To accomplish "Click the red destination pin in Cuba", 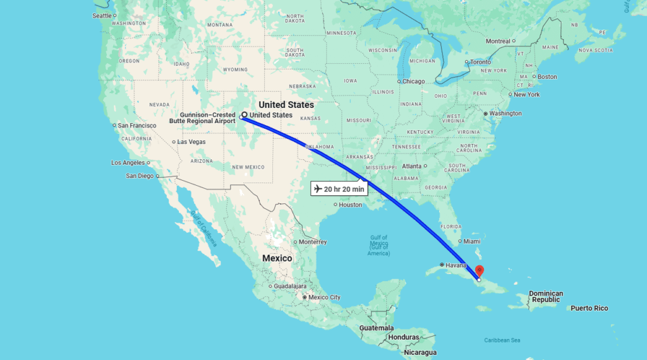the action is pos(479,270).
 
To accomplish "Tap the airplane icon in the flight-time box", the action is pos(317,189).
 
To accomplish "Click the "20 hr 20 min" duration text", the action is pos(344,189).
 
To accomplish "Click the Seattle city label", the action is pos(102,15).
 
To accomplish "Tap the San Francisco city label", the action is pos(136,126).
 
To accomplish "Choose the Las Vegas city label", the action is pos(191,141).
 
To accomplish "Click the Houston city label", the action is pos(350,205).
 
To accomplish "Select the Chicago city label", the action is pos(414,81).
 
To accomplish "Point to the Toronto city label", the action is pos(480,62).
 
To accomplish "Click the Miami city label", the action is pos(471,241).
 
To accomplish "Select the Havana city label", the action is pos(455,265).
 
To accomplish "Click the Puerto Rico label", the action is pos(589,308).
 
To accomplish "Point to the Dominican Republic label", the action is pos(545,296).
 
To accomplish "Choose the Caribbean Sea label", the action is pos(502,340).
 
